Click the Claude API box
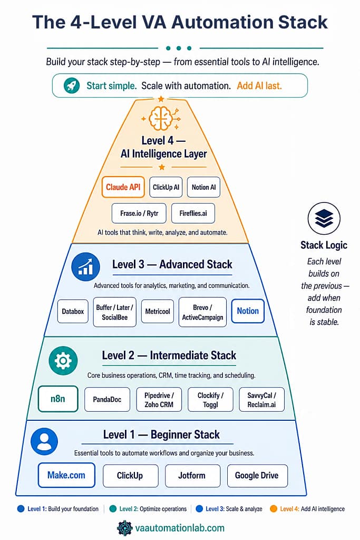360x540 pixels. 123,187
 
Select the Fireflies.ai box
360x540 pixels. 193,213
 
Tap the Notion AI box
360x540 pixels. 203,187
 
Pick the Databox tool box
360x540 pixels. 73,311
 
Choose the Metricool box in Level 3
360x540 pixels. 158,311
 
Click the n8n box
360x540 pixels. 58,399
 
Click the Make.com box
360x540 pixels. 66,475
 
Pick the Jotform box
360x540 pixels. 191,475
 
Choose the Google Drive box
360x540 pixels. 257,475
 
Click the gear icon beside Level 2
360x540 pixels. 63,361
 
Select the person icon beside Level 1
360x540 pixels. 44,441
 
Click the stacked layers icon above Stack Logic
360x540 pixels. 324,218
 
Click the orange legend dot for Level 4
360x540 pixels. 274,509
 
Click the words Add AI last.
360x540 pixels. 259,86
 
